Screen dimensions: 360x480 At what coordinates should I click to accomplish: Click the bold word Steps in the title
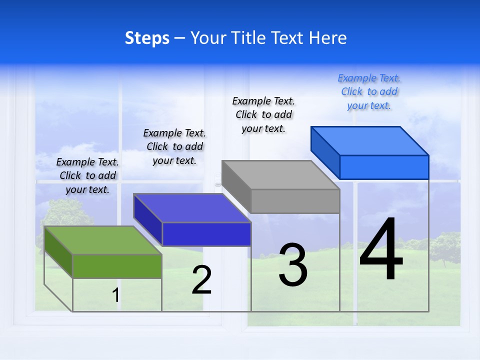[147, 38]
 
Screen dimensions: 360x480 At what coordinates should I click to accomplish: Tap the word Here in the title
[327, 38]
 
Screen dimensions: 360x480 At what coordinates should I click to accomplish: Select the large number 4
[381, 250]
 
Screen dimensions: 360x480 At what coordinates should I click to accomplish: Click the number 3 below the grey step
[293, 265]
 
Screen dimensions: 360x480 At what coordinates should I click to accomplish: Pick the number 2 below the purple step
[202, 280]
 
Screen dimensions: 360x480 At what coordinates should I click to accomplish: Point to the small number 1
[115, 295]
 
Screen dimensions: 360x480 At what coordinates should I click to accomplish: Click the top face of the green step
[103, 240]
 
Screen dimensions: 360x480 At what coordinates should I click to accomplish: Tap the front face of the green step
[117, 266]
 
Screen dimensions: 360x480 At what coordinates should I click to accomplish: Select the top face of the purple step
[192, 207]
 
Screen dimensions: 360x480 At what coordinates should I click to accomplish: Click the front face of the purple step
[206, 234]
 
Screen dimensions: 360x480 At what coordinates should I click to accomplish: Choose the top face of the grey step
[280, 174]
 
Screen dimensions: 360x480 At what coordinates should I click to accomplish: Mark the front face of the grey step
[295, 201]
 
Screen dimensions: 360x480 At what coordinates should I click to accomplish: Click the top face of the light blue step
[369, 140]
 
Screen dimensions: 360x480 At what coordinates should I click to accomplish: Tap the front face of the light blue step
[384, 167]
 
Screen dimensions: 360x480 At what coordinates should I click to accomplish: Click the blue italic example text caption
[369, 91]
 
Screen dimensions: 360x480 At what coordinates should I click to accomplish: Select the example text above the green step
[87, 175]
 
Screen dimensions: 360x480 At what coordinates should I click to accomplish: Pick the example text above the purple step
[174, 146]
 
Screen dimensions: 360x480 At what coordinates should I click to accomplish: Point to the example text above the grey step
[263, 114]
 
